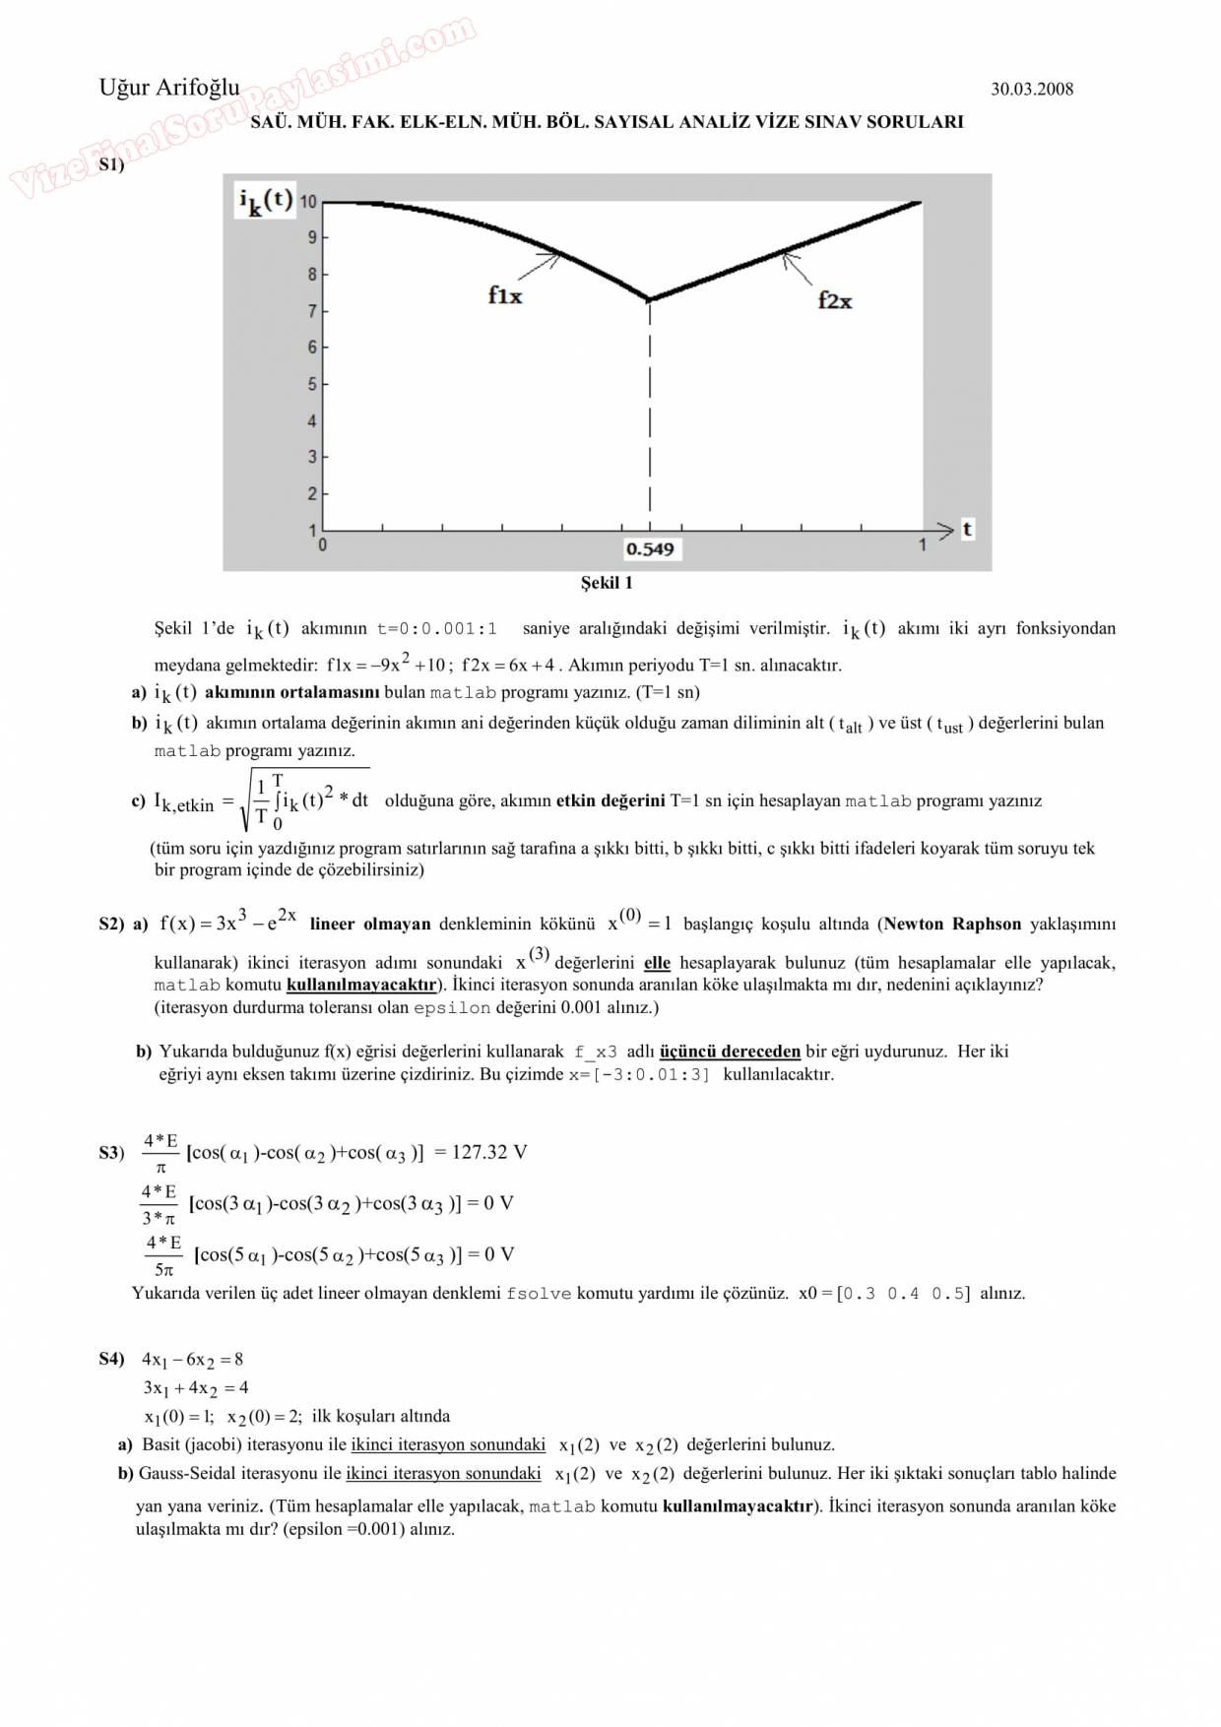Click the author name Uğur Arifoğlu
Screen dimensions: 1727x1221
pos(168,88)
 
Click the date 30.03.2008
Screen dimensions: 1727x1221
pos(1031,90)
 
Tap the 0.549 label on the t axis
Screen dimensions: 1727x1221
pos(650,549)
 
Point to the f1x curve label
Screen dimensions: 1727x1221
pos(505,295)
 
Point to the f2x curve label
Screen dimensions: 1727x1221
pos(834,301)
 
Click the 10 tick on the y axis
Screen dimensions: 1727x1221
pos(308,202)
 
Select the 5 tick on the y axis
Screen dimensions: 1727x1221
pos(312,384)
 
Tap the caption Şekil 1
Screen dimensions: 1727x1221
pos(607,583)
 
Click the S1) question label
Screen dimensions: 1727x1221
pos(111,164)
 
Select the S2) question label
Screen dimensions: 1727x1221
pos(111,925)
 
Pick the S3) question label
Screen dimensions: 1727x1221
pos(111,1153)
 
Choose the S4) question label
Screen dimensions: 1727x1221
pos(111,1360)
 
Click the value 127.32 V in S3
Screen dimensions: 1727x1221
pos(489,1152)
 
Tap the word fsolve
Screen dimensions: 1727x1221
pos(539,1294)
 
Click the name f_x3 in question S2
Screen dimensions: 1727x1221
pos(596,1053)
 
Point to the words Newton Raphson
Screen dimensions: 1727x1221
pos(952,925)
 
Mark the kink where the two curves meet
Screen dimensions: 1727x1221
pos(649,299)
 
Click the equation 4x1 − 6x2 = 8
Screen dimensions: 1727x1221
pos(193,1360)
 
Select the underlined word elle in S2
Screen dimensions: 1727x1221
pos(657,963)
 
